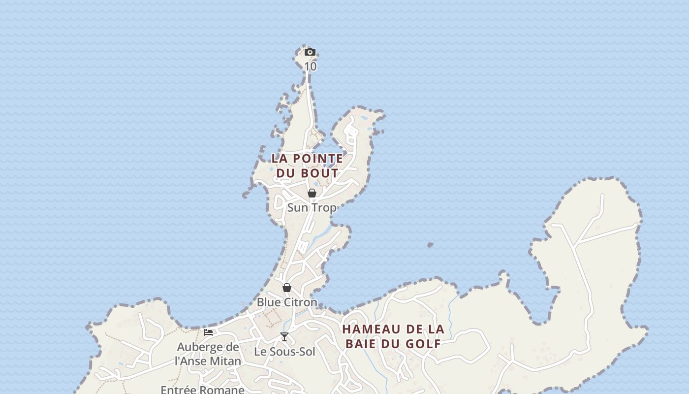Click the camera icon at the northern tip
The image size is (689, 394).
tap(310, 52)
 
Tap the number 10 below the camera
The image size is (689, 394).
tap(310, 66)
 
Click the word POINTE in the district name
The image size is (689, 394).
tap(317, 159)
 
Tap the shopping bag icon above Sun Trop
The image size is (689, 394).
tap(312, 193)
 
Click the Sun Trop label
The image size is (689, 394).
tap(312, 207)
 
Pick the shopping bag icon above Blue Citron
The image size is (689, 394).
tap(287, 287)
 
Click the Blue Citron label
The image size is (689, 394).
tap(287, 302)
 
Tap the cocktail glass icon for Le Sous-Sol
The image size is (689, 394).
tap(284, 337)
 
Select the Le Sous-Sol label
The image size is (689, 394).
tap(284, 352)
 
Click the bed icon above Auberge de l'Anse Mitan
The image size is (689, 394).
tap(208, 332)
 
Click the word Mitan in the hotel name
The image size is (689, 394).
tap(225, 361)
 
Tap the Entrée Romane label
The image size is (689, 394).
tap(202, 390)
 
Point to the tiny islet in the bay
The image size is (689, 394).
tap(430, 244)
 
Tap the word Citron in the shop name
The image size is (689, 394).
tap(300, 302)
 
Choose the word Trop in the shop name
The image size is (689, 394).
tap(324, 207)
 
